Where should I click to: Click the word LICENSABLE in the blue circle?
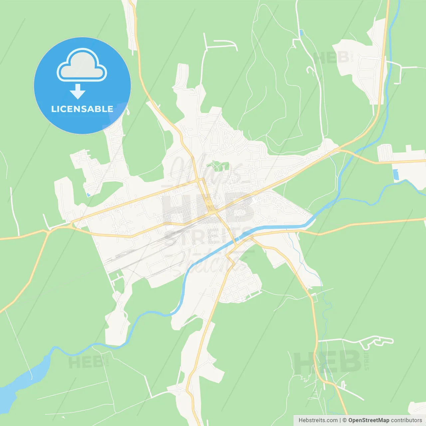pyautogui.click(x=82, y=109)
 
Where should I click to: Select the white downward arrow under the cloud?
pyautogui.click(x=78, y=92)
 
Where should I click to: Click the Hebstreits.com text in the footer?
pyautogui.click(x=318, y=420)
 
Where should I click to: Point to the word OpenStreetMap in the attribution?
pyautogui.click(x=368, y=420)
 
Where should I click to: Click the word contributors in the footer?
pyautogui.click(x=406, y=420)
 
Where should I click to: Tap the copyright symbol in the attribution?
pyautogui.click(x=344, y=420)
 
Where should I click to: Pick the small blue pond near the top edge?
pyautogui.click(x=301, y=33)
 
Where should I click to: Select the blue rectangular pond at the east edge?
pyautogui.click(x=395, y=175)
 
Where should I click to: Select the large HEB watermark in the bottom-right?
pyautogui.click(x=328, y=362)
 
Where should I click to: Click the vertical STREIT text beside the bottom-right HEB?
pyautogui.click(x=366, y=360)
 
